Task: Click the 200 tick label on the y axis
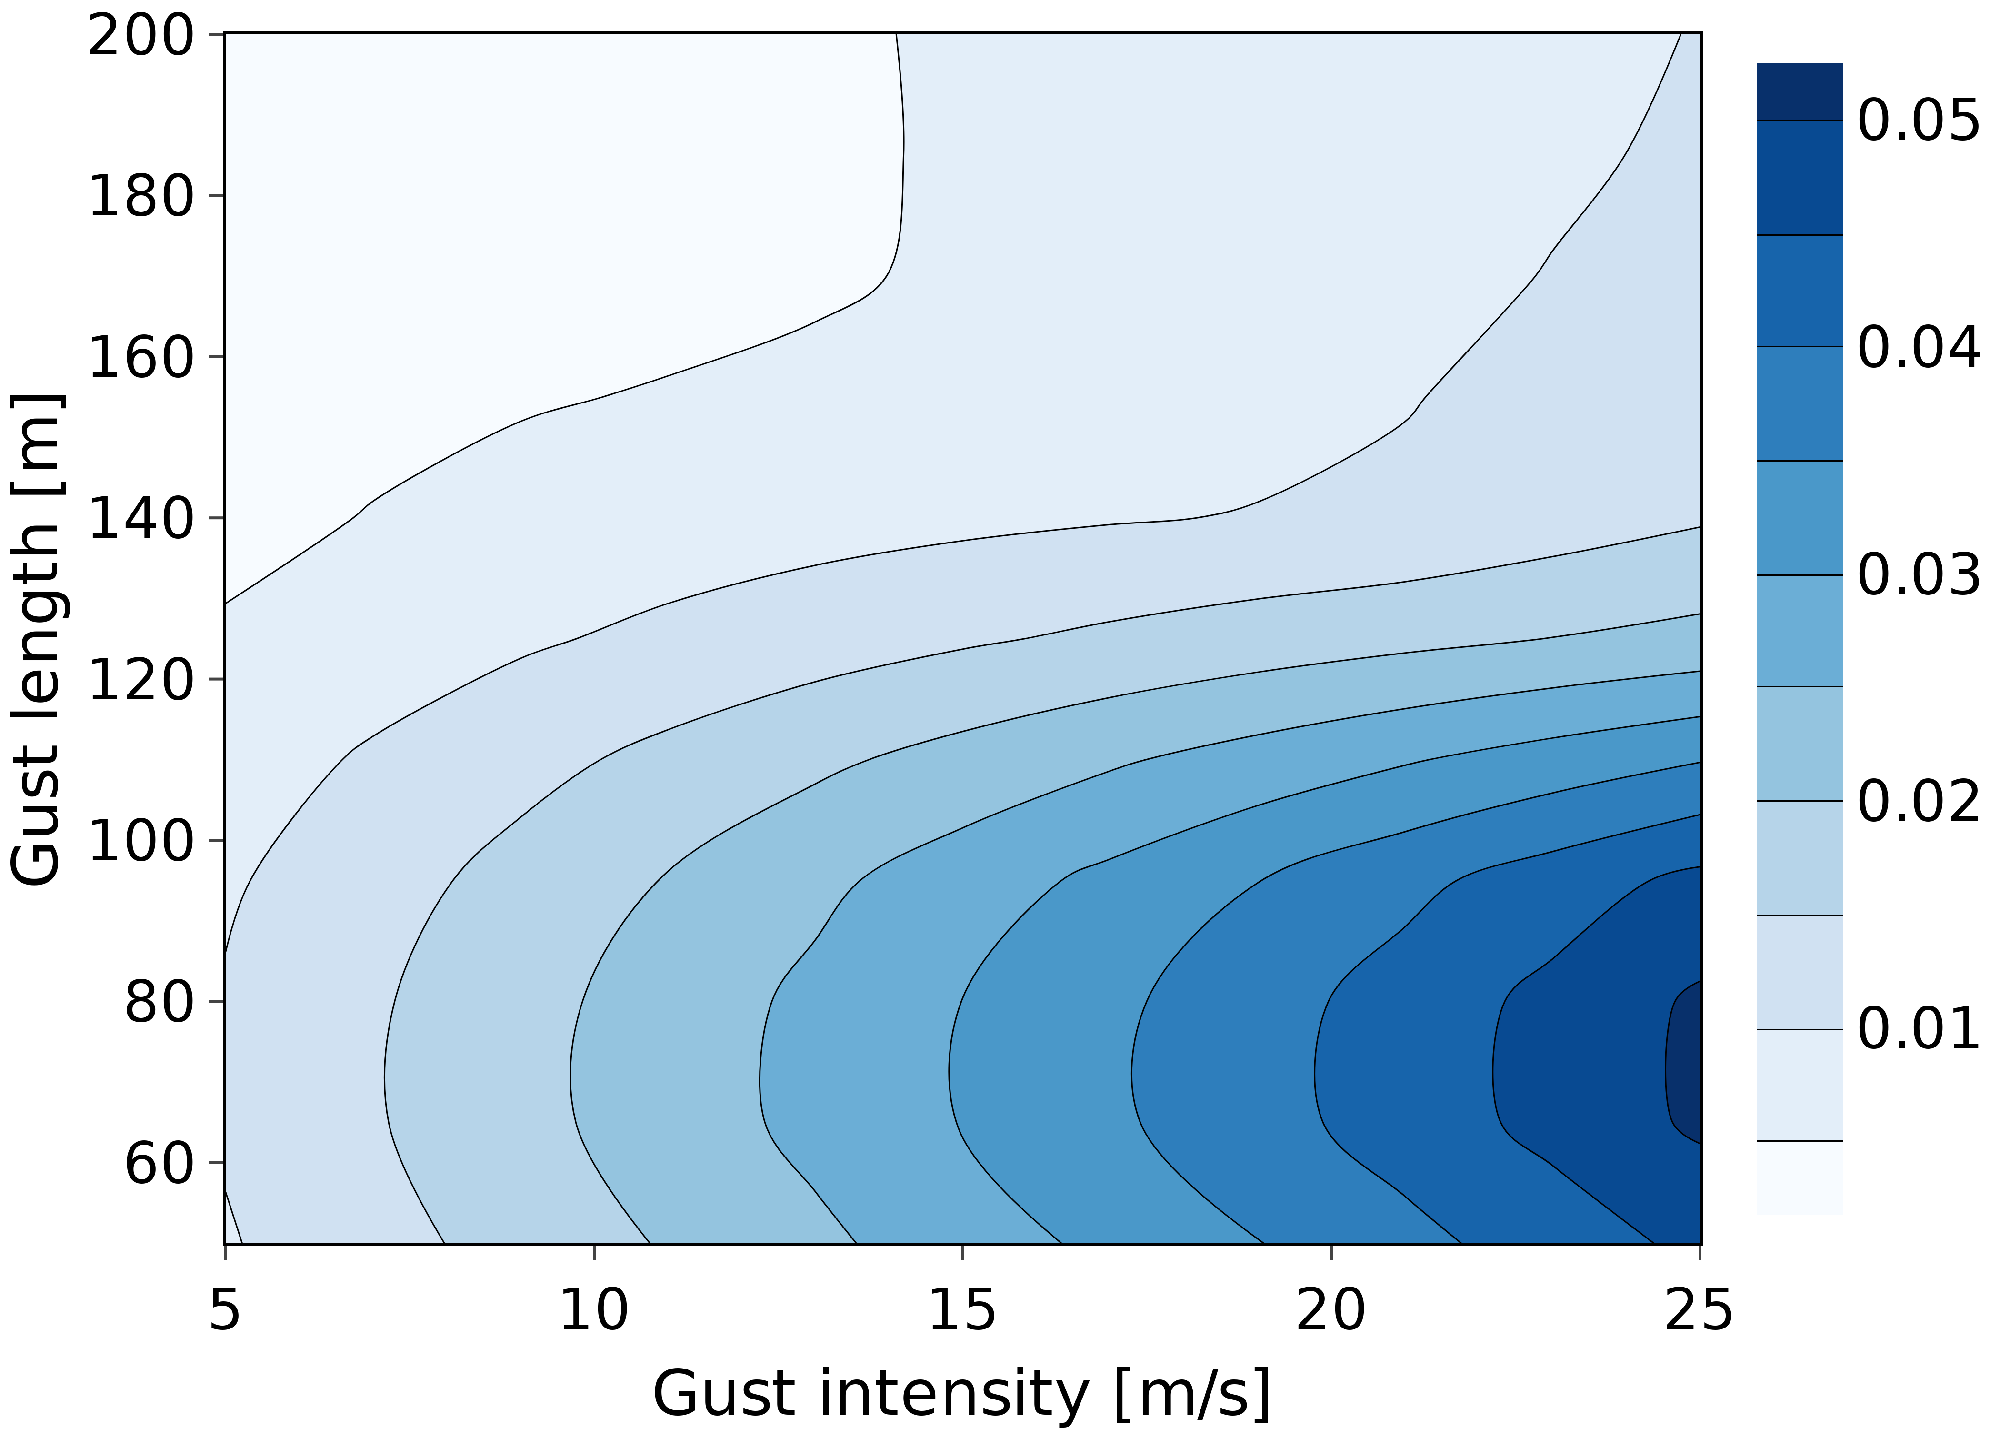[141, 37]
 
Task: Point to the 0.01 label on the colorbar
[1919, 1028]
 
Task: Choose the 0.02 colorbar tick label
[1919, 802]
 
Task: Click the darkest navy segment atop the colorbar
[1800, 91]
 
